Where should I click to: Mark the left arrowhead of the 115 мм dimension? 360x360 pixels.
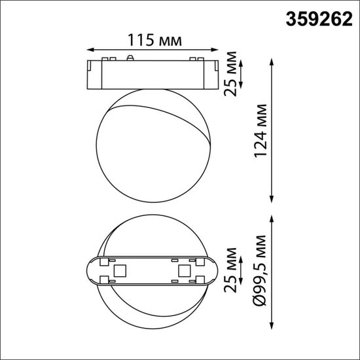click(90, 48)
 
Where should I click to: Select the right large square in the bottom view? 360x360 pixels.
click(183, 270)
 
